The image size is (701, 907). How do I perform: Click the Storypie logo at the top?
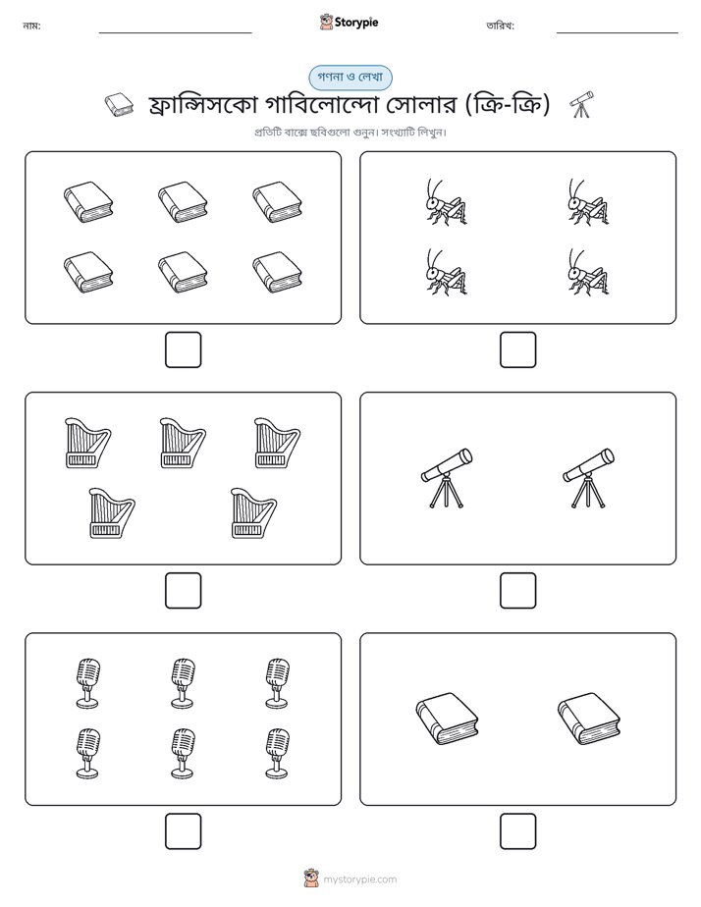349,22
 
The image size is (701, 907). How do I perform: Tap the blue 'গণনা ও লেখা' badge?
350,78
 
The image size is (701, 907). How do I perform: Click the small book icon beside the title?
119,105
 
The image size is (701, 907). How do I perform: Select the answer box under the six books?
184,350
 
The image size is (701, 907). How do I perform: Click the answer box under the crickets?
517,350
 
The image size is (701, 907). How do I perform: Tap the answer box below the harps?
184,591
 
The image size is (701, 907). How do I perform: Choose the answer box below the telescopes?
517,591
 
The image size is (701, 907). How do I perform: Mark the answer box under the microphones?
184,831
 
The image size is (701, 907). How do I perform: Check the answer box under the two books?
517,831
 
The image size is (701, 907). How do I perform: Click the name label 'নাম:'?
31,26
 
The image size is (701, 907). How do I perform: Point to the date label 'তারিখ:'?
501,26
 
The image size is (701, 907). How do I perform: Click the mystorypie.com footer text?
359,880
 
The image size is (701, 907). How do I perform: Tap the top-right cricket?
588,202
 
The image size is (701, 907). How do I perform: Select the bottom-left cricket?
447,272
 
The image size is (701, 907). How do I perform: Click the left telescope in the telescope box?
447,478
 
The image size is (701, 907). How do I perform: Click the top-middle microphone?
183,682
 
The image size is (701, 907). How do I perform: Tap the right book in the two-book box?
589,719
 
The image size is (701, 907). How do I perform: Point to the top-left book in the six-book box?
88,202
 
